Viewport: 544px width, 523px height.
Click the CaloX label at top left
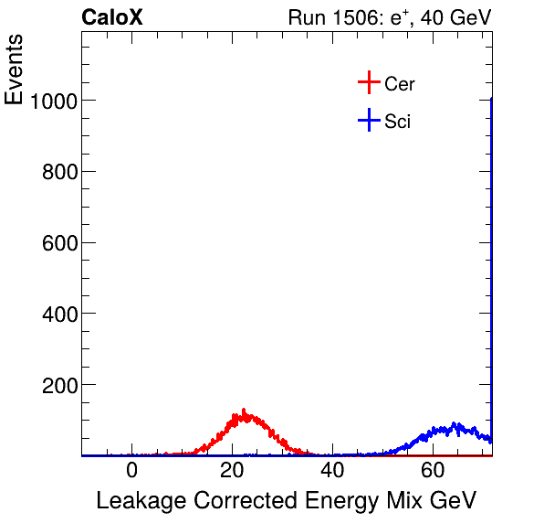[112, 17]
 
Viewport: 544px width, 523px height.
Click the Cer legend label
[400, 84]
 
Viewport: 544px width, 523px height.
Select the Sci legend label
[398, 122]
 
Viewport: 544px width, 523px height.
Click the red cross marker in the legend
[369, 83]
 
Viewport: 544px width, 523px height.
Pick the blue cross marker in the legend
[369, 121]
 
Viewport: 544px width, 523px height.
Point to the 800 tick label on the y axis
[58, 172]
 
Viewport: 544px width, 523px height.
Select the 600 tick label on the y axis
[58, 243]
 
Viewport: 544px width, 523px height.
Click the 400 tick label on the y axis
[58, 314]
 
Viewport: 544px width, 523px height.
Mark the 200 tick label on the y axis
[58, 385]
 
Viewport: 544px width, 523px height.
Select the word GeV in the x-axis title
[454, 501]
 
